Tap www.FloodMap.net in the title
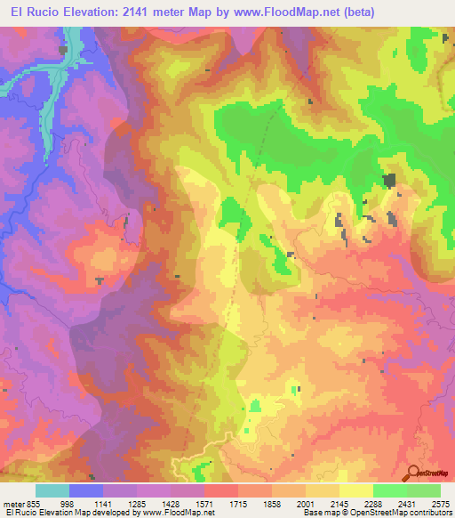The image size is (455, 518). [x=281, y=12]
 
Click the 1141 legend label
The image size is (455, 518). [x=103, y=503]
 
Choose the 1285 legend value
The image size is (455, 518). [x=137, y=503]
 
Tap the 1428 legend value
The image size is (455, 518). [x=171, y=503]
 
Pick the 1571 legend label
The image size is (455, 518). [x=204, y=503]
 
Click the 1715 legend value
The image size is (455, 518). [x=238, y=503]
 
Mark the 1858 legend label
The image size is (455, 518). [x=272, y=503]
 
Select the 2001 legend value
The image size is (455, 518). [x=306, y=503]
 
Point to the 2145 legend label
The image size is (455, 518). [x=339, y=503]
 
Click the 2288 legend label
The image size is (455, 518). [x=373, y=503]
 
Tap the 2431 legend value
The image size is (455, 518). [x=407, y=503]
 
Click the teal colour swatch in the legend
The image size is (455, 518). [x=52, y=490]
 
